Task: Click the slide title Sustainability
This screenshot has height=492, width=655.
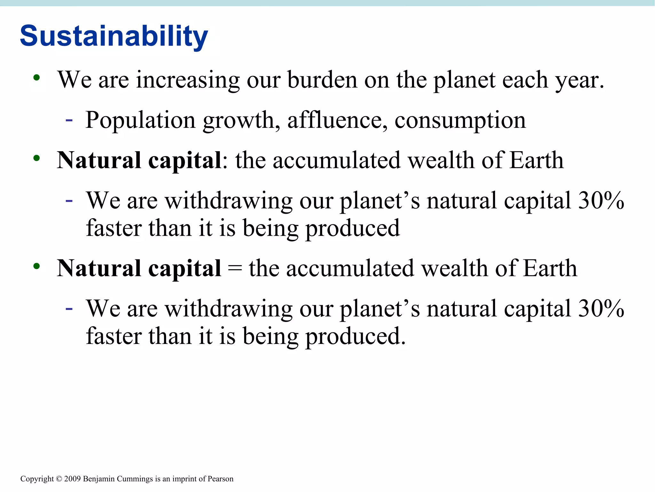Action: pyautogui.click(x=114, y=36)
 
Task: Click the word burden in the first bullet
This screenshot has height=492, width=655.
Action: pyautogui.click(x=322, y=80)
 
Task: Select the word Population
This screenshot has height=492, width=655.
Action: pyautogui.click(x=140, y=120)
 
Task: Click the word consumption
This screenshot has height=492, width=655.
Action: pyautogui.click(x=460, y=120)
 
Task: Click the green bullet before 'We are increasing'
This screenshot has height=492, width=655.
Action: pyautogui.click(x=36, y=78)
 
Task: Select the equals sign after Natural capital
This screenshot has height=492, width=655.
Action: pyautogui.click(x=235, y=269)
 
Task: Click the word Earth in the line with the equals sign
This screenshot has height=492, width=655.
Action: pyautogui.click(x=550, y=268)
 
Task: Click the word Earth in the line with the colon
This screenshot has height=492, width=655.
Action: pyautogui.click(x=536, y=160)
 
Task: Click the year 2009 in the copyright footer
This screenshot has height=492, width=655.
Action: pyautogui.click(x=73, y=479)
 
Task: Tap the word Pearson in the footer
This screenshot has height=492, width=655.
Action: pyautogui.click(x=220, y=479)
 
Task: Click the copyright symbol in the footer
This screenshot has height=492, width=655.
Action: pyautogui.click(x=59, y=479)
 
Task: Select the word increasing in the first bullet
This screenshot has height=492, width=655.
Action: pyautogui.click(x=188, y=80)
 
